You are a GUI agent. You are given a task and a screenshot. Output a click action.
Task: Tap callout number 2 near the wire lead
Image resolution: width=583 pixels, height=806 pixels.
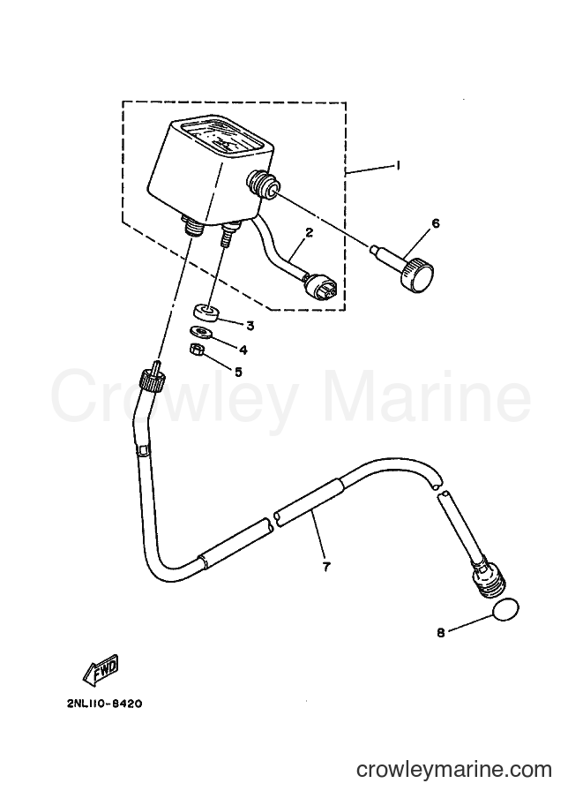point(309,232)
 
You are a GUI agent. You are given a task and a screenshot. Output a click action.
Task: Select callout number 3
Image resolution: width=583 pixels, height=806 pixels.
point(250,326)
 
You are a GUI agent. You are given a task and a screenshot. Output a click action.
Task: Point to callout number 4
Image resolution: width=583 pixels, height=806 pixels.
point(243,350)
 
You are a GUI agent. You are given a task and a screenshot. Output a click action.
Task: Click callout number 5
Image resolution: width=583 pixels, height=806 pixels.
point(238,372)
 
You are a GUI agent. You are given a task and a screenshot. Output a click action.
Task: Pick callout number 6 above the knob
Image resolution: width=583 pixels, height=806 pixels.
point(436,223)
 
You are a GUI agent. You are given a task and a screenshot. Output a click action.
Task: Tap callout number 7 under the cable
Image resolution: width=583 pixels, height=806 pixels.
point(326,567)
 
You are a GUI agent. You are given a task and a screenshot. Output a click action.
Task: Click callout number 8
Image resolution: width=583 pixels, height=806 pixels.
point(441,633)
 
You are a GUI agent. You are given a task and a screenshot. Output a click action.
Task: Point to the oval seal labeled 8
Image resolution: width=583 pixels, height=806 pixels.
point(505,611)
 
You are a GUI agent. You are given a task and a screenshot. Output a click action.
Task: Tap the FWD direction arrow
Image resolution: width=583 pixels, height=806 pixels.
point(101,672)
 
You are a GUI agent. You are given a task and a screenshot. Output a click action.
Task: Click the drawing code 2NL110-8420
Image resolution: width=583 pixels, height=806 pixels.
point(104,704)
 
